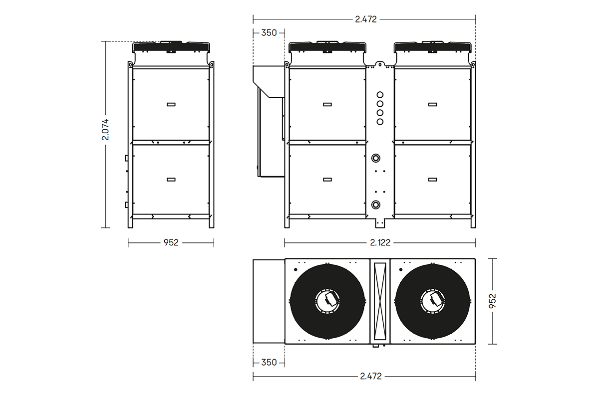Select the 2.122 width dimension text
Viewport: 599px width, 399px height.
(x=380, y=242)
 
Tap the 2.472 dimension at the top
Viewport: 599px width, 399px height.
(x=365, y=19)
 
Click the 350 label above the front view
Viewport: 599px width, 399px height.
(x=269, y=33)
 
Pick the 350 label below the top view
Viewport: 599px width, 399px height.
(x=269, y=363)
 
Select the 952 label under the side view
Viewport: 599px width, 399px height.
(x=171, y=242)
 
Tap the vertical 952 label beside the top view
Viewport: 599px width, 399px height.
(x=493, y=301)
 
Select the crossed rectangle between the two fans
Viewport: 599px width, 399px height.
(x=380, y=301)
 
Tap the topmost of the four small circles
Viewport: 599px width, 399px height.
(x=380, y=94)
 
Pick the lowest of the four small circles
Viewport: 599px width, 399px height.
(x=380, y=122)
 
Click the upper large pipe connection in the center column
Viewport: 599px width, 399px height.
(x=376, y=159)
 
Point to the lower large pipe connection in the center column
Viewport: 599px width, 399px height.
(x=376, y=204)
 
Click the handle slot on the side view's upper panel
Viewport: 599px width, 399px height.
(x=171, y=104)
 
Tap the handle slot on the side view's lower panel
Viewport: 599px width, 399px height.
(x=171, y=179)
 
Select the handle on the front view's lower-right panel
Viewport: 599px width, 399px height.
(x=432, y=179)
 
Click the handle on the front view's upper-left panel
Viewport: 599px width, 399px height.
(x=327, y=104)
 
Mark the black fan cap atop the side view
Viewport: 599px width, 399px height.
(x=171, y=47)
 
